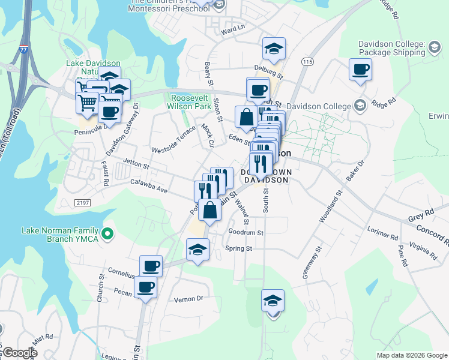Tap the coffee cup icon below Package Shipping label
(360, 69)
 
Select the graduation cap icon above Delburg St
(274, 48)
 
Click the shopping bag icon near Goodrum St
(210, 210)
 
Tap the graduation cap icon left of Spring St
(197, 250)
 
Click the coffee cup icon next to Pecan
(145, 287)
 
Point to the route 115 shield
(308, 62)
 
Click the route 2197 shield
(83, 203)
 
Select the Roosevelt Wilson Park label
(191, 102)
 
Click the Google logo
(19, 353)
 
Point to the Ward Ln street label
(234, 28)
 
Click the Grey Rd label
(420, 212)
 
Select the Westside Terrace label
(173, 140)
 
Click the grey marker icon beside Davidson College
(359, 106)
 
